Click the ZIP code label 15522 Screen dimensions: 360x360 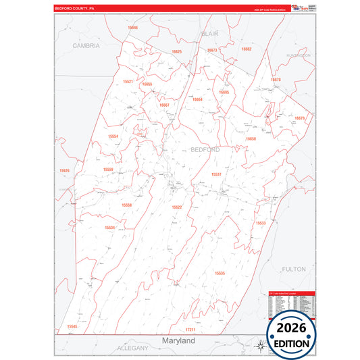click(x=176, y=207)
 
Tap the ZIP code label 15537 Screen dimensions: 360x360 click(x=216, y=174)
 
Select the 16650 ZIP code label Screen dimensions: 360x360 click(x=251, y=138)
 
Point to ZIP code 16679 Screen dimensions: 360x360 click(x=300, y=118)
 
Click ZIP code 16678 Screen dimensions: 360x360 click(x=276, y=80)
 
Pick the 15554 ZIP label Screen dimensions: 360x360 click(x=113, y=136)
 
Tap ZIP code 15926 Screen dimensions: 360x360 click(x=65, y=170)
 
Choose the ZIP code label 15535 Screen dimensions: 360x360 click(x=220, y=273)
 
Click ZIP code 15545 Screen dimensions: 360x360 click(x=72, y=326)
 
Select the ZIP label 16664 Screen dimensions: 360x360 click(x=197, y=99)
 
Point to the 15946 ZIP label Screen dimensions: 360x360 click(x=132, y=28)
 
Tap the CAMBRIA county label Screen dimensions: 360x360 click(x=86, y=46)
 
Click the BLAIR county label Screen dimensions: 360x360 click(x=209, y=32)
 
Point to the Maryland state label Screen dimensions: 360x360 click(x=178, y=341)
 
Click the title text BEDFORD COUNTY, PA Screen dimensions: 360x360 click(x=74, y=9)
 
